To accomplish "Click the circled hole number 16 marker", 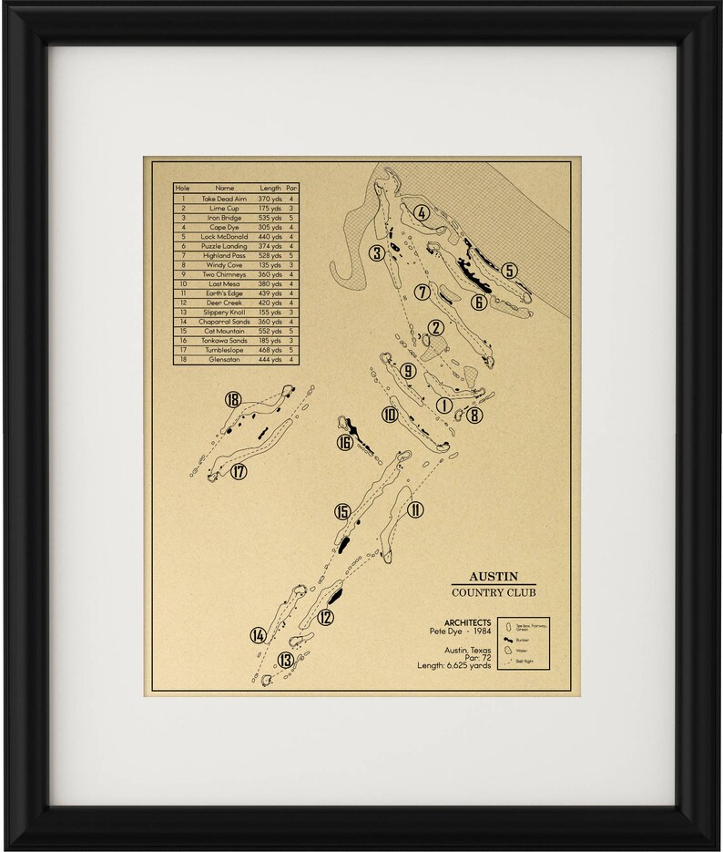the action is (x=344, y=443).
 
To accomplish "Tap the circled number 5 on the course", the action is (x=509, y=271).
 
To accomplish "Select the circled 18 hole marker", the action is (x=233, y=400).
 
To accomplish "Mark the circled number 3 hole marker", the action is (x=375, y=253).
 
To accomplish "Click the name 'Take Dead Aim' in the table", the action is (x=224, y=199).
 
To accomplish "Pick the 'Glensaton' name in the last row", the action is (x=224, y=360).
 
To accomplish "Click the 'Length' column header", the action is (x=270, y=188).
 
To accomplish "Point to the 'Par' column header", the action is (x=291, y=188).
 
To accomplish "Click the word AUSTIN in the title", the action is (x=494, y=576).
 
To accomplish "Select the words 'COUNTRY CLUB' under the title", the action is (x=494, y=592).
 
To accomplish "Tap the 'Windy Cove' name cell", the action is (x=224, y=265).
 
